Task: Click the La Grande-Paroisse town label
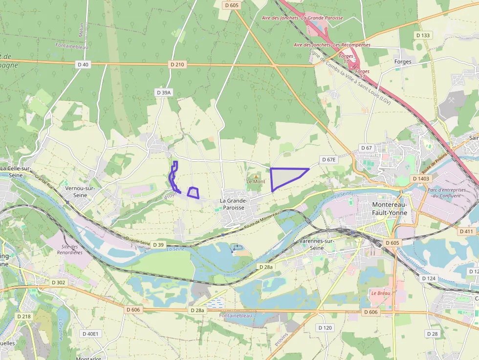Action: [x=234, y=204]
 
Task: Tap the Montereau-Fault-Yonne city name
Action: [x=390, y=209]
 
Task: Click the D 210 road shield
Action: [x=177, y=64]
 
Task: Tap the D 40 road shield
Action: [x=83, y=64]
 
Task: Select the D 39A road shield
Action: [x=164, y=92]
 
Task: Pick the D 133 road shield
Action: [x=423, y=35]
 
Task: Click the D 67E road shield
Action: [x=329, y=160]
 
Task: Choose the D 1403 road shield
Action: [x=420, y=179]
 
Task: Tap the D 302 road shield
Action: [x=58, y=282]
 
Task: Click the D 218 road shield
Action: [x=23, y=317]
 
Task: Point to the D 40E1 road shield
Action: [x=89, y=334]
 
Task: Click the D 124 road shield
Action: [x=428, y=278]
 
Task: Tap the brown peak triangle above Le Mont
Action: [x=255, y=176]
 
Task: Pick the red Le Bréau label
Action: [x=380, y=294]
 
